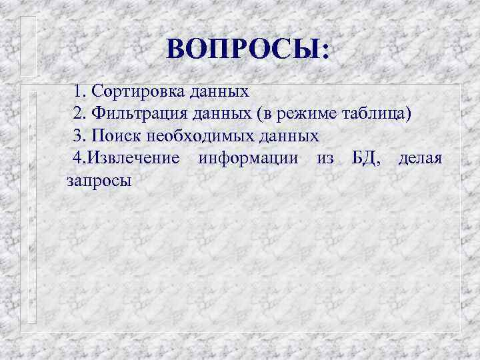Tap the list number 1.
click(79, 90)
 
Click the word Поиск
click(115, 135)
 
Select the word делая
click(419, 158)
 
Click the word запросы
click(99, 180)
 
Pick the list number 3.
click(79, 135)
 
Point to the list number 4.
click(79, 158)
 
